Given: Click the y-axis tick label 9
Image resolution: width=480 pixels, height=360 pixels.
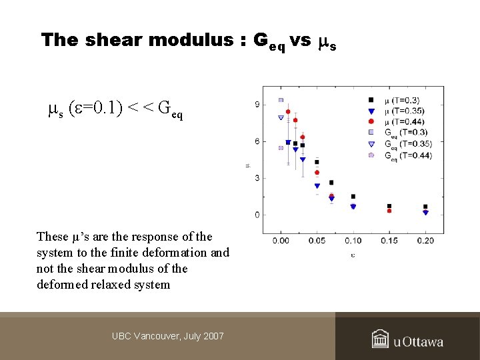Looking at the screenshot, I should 257,104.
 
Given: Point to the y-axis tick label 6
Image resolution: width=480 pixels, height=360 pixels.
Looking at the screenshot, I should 257,141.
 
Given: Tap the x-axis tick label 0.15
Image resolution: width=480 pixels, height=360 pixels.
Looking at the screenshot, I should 389,240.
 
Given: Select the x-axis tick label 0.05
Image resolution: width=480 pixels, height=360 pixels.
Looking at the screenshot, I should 317,240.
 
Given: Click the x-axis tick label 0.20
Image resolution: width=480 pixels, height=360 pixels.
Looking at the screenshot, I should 425,240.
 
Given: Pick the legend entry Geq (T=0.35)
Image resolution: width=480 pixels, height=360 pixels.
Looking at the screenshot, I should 404,143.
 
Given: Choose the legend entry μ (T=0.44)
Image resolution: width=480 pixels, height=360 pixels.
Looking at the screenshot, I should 404,121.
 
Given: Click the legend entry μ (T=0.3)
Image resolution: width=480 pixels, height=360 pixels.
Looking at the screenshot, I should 404,100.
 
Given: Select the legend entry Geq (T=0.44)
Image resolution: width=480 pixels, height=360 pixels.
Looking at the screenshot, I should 404,155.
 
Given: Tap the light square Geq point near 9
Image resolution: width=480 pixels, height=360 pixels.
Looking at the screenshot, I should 281,100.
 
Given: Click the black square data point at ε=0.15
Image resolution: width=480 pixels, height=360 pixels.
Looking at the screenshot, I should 389,206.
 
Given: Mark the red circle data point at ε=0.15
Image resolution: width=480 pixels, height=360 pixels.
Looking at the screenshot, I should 389,211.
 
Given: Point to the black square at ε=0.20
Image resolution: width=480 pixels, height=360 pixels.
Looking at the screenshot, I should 425,207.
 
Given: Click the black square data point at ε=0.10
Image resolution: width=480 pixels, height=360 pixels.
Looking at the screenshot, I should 353,197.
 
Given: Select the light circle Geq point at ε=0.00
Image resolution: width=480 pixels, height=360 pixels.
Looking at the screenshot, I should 281,148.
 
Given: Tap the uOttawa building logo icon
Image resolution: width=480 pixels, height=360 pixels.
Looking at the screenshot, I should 380,339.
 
